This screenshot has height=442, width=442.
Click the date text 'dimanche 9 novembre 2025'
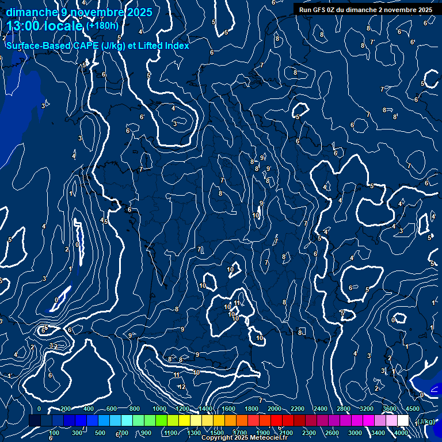pos(79,12)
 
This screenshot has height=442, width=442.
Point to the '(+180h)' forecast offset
pos(102,25)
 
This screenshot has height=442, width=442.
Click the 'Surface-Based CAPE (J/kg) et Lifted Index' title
pos(97,45)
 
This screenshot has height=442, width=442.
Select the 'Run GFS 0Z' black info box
pos(365,10)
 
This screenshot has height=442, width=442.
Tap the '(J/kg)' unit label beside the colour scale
pos(425,421)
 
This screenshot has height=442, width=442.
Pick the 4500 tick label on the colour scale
pos(412,409)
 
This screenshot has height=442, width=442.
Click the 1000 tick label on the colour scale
pos(159,409)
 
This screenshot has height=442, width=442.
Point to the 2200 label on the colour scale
pos(298,409)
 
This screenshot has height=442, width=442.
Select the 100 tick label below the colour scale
pos(54,433)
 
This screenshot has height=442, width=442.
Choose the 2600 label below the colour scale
pos(332,433)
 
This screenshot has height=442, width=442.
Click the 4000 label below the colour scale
pos(401,433)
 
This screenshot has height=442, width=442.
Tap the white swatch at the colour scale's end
pos(403,421)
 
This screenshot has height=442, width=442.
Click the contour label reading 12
pos(182,387)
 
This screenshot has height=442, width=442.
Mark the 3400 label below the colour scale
pos(378,433)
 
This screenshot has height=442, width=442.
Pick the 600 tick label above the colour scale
pos(112,409)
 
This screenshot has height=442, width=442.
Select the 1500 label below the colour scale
pos(217,433)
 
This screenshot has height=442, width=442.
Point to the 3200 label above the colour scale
pos(367,409)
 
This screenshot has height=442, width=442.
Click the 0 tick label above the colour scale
pos(39,409)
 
